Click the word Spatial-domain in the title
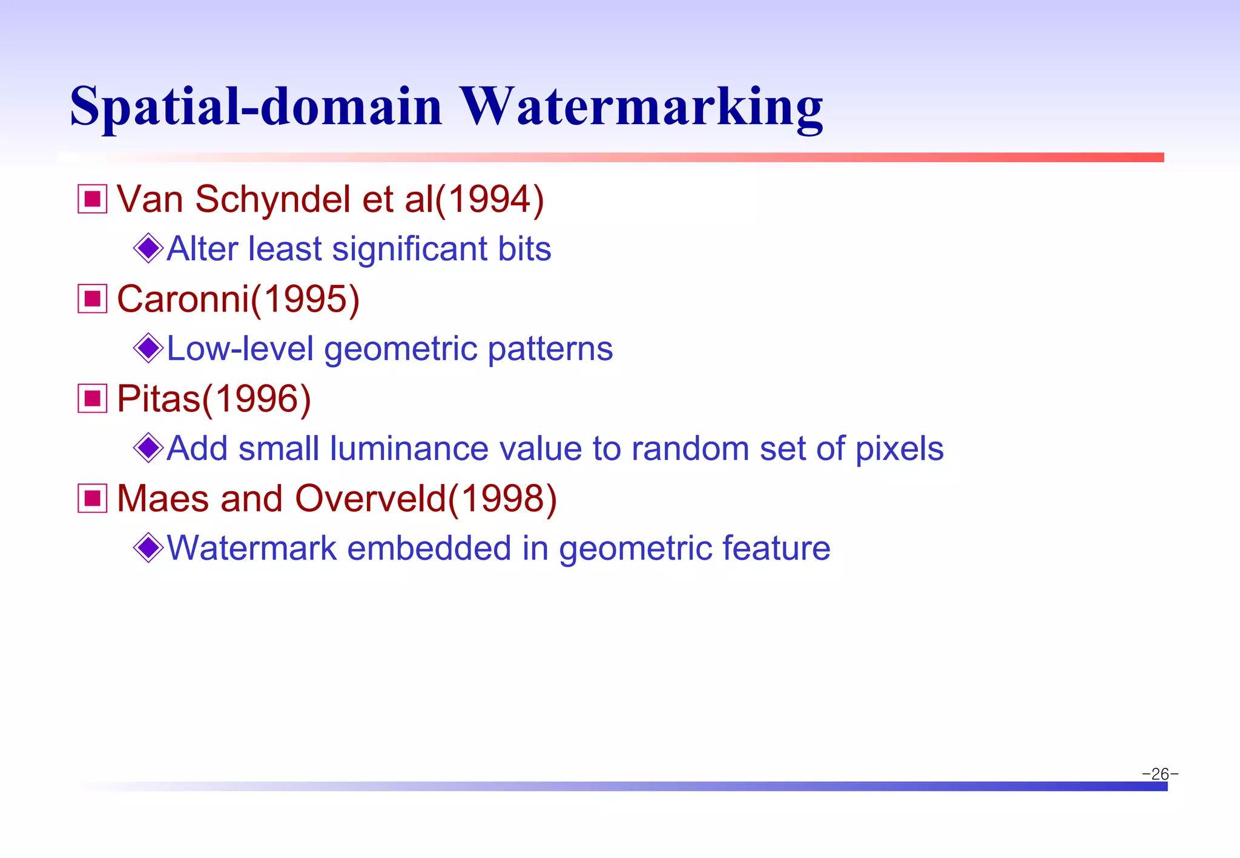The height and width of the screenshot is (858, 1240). pyautogui.click(x=256, y=107)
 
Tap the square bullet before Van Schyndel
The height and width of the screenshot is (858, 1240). pyautogui.click(x=93, y=199)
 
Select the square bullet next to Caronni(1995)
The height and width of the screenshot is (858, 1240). pyautogui.click(x=93, y=299)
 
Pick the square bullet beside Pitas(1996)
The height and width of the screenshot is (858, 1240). pyautogui.click(x=93, y=399)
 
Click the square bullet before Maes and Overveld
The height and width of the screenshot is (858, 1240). pyautogui.click(x=93, y=499)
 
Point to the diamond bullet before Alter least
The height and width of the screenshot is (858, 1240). pyautogui.click(x=148, y=248)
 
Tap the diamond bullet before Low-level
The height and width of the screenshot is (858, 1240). pyautogui.click(x=148, y=348)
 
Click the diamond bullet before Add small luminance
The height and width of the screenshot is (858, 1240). pyautogui.click(x=148, y=448)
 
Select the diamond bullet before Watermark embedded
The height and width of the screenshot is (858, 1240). pyautogui.click(x=148, y=548)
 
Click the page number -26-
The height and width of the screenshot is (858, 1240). pyautogui.click(x=1159, y=774)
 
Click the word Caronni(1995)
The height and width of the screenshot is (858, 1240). pyautogui.click(x=238, y=299)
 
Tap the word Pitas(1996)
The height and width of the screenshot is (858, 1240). pyautogui.click(x=214, y=399)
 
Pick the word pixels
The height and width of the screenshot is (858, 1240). pyautogui.click(x=899, y=449)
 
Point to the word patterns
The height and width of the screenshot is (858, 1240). pyautogui.click(x=550, y=349)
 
